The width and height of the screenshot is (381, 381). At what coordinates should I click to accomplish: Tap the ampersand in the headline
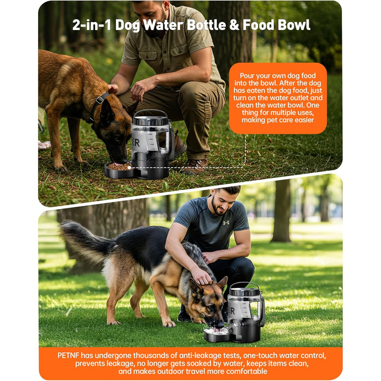(x=234, y=25)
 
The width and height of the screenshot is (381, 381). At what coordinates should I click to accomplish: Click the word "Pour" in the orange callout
(x=248, y=76)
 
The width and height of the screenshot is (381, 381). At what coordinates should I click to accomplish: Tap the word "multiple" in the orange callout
(x=284, y=113)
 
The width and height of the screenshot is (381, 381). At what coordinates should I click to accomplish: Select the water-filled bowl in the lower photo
(x=217, y=335)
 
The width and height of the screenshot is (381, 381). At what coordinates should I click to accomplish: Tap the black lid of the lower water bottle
(x=245, y=292)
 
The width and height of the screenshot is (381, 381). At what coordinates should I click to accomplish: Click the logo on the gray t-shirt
(x=226, y=223)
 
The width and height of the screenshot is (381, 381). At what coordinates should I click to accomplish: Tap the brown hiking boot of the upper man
(x=194, y=167)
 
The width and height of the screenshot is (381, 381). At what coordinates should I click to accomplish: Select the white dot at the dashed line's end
(x=130, y=168)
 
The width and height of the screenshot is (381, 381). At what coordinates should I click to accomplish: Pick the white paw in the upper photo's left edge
(x=44, y=145)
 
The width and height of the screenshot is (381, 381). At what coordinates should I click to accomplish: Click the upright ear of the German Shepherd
(x=222, y=282)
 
